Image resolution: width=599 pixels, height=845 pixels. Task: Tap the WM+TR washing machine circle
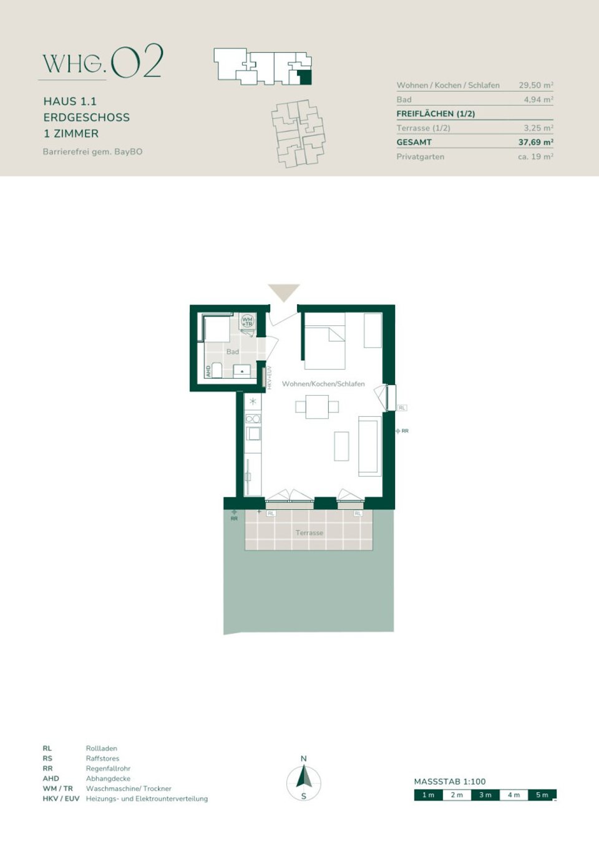[x=248, y=322]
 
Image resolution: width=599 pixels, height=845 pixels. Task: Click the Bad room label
[x=233, y=351]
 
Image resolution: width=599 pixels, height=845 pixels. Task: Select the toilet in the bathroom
[x=217, y=370]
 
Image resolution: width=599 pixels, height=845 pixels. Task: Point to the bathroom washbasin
[x=242, y=371]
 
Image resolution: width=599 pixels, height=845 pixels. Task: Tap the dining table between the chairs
[x=317, y=407]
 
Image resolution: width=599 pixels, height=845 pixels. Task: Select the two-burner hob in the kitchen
[x=253, y=419]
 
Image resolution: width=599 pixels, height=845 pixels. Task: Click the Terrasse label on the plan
[x=309, y=533]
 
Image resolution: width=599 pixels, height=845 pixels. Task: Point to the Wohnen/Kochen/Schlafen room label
[x=323, y=384]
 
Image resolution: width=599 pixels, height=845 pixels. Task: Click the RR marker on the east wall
[x=402, y=431]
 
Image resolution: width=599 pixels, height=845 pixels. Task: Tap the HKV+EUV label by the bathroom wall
[x=270, y=378]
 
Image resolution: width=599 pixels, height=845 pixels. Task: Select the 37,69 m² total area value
[x=535, y=142]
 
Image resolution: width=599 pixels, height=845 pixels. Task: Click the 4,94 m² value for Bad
[x=538, y=99]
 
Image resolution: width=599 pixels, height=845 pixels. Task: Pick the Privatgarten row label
[x=421, y=156]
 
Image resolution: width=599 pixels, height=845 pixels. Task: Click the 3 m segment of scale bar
[x=485, y=795]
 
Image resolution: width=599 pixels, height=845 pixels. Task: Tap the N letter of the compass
[x=304, y=758]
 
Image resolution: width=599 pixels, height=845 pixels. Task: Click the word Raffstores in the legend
[x=102, y=758]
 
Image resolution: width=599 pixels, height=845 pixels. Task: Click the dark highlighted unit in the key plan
[x=304, y=77]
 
